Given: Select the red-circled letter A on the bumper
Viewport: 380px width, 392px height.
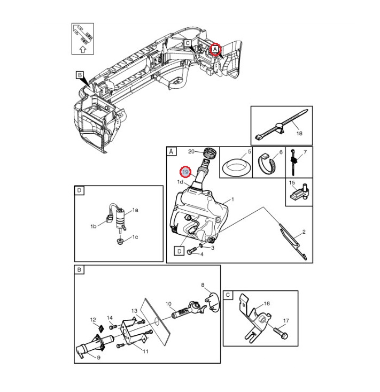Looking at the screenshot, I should click(215, 49).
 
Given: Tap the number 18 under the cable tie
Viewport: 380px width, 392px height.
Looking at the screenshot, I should click(299, 133).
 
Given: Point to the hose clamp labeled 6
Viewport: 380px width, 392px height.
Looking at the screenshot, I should click(267, 162).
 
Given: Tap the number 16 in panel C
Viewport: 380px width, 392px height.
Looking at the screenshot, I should click(266, 303).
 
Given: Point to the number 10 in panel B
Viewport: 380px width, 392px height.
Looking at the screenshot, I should click(168, 305).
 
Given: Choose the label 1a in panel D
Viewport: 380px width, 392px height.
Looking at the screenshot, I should click(135, 211).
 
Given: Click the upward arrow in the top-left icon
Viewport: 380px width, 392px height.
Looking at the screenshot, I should click(82, 49).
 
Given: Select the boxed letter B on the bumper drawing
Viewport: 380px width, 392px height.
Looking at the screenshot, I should click(80, 75).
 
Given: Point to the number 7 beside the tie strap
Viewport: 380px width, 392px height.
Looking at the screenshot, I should click(305, 153).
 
